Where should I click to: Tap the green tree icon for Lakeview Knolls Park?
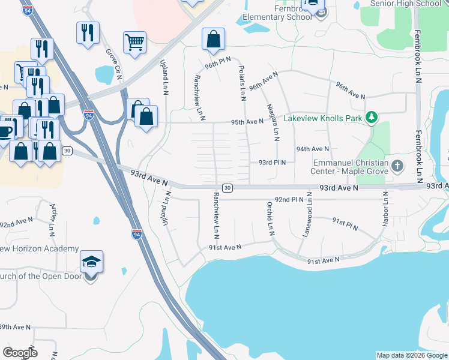point(372,116)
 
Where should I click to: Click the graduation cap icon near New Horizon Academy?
point(91,262)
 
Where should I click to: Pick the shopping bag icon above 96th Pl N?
point(213,40)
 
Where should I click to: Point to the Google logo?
point(20,352)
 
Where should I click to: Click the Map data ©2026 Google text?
point(412,355)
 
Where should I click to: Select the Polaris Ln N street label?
point(243,83)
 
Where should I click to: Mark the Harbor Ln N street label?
point(385,209)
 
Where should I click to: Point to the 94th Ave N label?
point(312,149)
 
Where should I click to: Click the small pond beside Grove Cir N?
point(104,74)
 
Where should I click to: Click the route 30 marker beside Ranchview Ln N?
point(227,188)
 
